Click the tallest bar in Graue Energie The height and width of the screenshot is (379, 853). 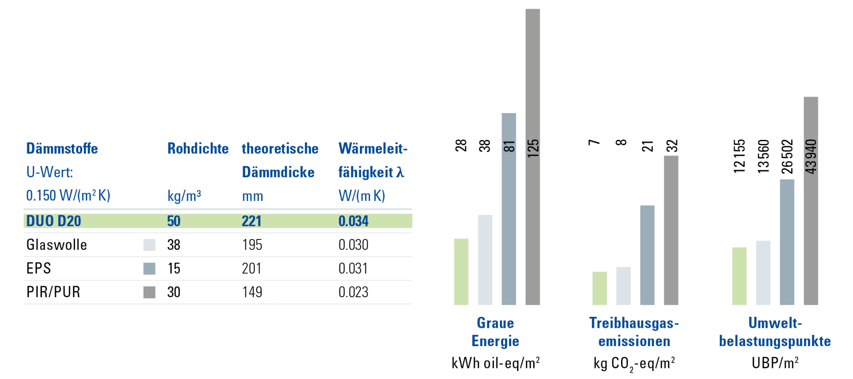[x=533, y=156]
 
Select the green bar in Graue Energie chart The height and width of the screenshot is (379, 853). [x=461, y=271]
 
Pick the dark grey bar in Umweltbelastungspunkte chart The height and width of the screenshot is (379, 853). [x=811, y=200]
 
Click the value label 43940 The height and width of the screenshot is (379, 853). [x=811, y=156]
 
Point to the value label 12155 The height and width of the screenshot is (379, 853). [x=739, y=156]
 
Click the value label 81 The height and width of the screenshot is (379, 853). [x=509, y=146]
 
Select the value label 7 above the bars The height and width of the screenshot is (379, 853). [x=594, y=142]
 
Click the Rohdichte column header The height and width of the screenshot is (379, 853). [x=198, y=148]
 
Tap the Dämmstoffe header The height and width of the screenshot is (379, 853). [x=62, y=148]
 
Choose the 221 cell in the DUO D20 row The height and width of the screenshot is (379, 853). [x=251, y=221]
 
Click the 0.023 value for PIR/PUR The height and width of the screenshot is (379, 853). [x=353, y=292]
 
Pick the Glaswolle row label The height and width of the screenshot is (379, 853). [x=56, y=245]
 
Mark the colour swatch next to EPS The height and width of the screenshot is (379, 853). [x=149, y=268]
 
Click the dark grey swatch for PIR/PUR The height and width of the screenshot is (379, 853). [x=149, y=292]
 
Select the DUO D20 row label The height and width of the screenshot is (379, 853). [x=53, y=221]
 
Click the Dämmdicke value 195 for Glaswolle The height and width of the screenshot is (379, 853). [x=252, y=245]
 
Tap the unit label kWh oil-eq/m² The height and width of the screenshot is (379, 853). [x=495, y=363]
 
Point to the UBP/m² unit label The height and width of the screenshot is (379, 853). [x=775, y=363]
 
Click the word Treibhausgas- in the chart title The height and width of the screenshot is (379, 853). [x=634, y=323]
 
